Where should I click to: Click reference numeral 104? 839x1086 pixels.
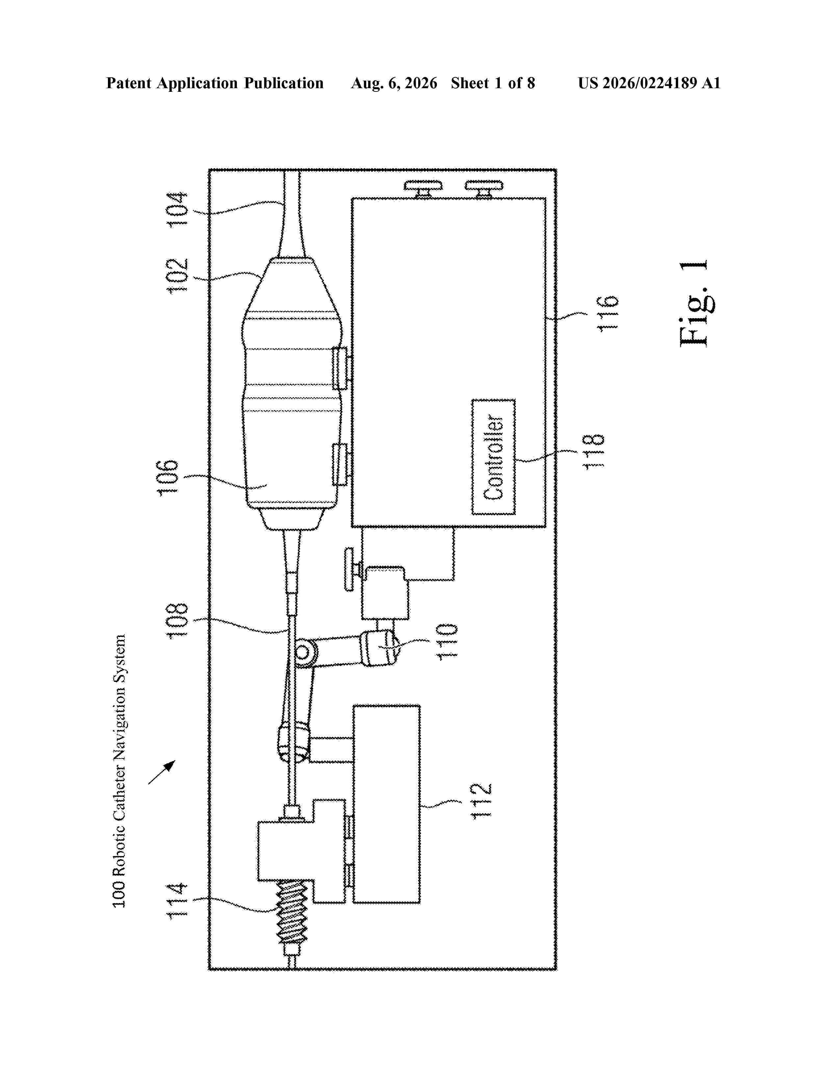click(x=177, y=209)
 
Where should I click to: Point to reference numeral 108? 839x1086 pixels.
click(x=177, y=621)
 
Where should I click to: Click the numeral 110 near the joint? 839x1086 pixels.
click(x=447, y=641)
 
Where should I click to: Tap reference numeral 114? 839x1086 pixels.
click(x=177, y=900)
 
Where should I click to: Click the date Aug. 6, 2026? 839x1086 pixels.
click(x=394, y=83)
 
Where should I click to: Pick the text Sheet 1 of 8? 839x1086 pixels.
click(x=493, y=83)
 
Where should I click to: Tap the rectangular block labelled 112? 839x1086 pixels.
click(x=386, y=804)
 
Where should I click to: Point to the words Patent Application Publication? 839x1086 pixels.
click(x=215, y=83)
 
